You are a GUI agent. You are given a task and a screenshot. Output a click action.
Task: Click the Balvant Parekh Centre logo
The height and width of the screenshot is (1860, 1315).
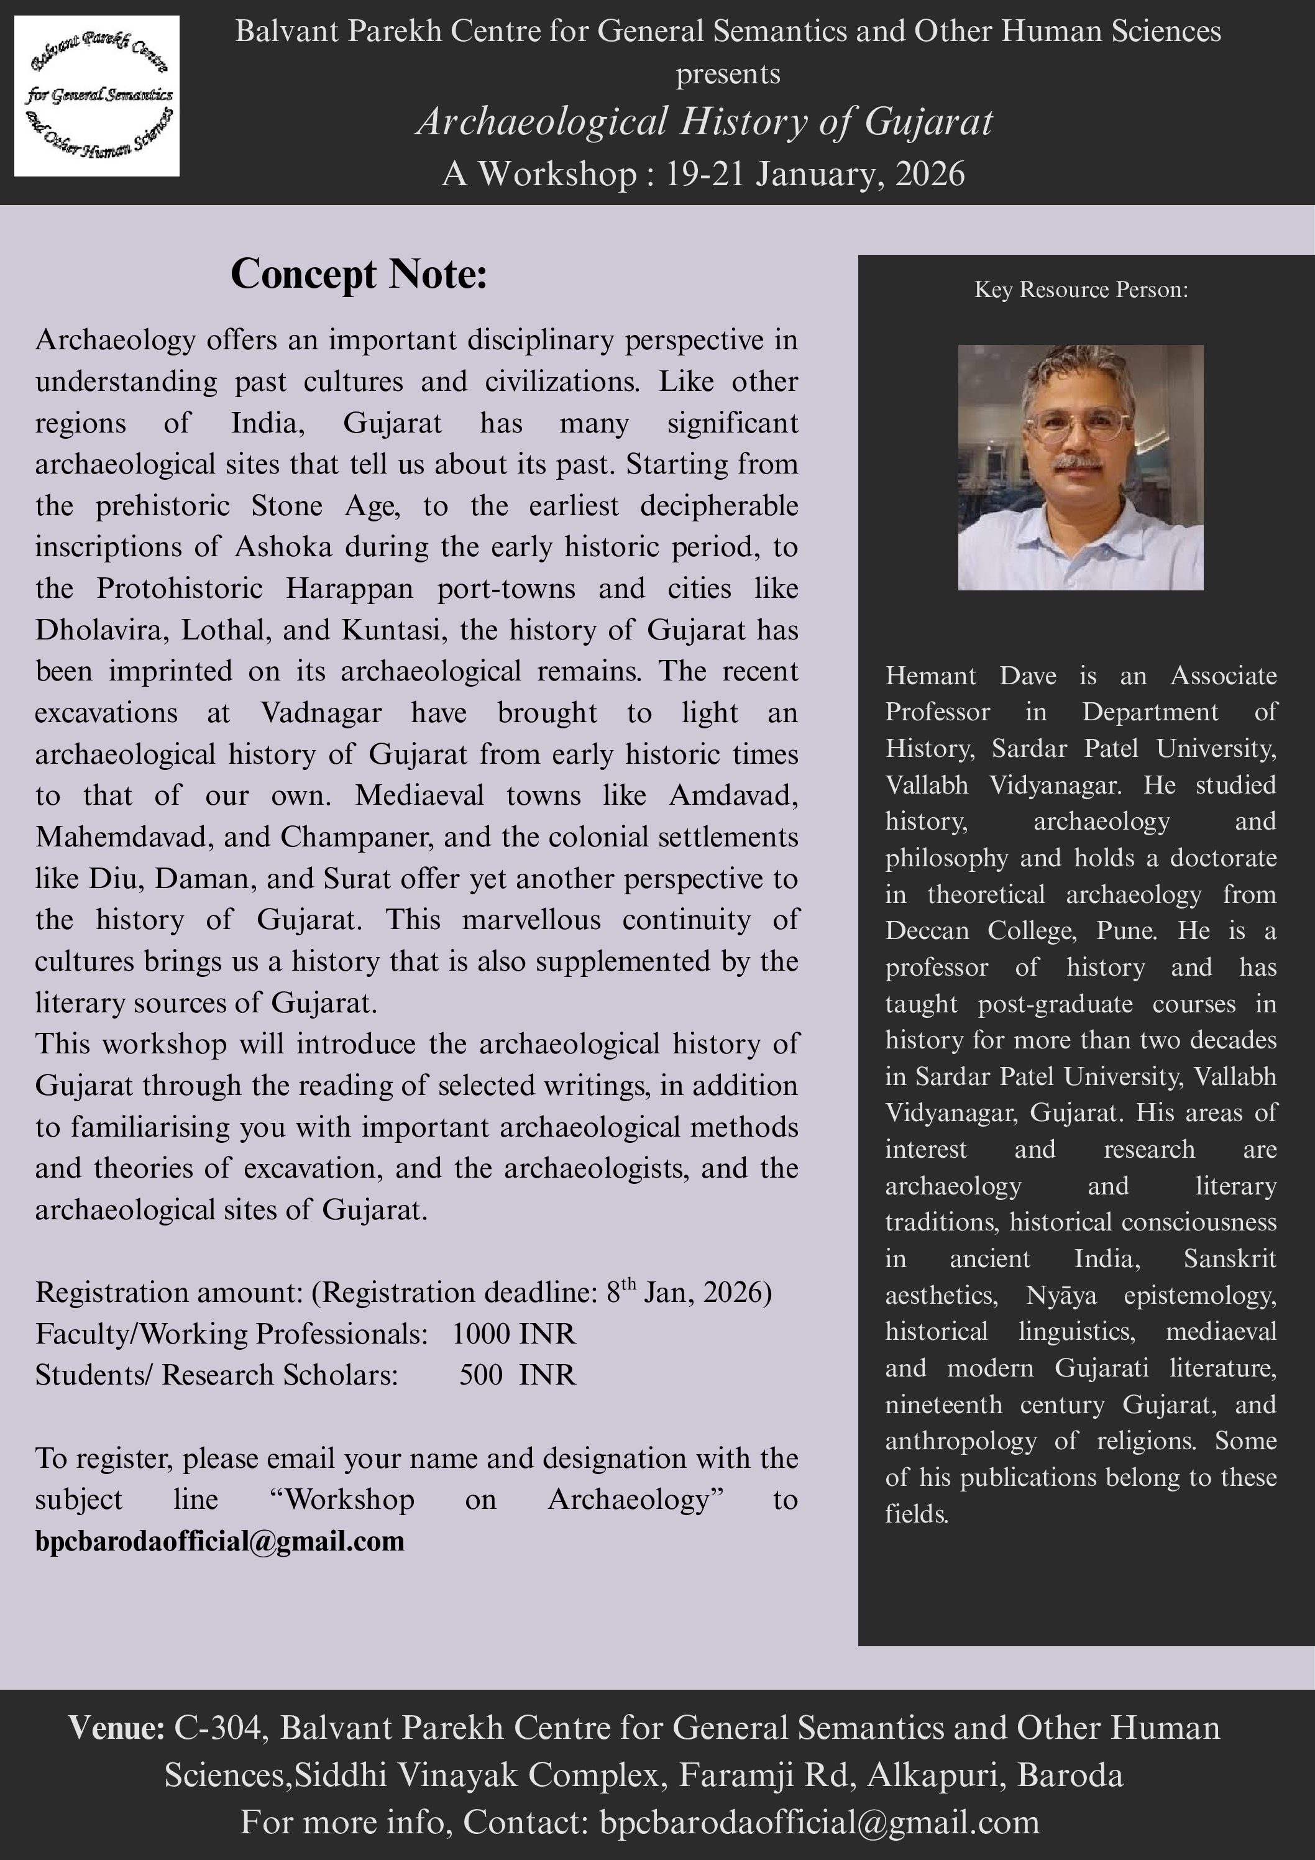pos(97,96)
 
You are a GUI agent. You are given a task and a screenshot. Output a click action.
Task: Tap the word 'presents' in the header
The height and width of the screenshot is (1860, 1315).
pos(728,75)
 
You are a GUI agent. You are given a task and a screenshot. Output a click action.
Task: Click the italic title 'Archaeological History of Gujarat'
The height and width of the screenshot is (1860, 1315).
pos(703,122)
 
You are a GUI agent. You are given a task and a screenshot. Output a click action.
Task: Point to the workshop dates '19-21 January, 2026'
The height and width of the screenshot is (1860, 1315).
pos(814,174)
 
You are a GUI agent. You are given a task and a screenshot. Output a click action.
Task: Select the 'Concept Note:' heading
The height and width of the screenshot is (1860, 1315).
pos(359,274)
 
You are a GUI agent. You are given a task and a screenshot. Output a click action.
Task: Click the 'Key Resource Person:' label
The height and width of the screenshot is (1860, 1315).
pos(1081,289)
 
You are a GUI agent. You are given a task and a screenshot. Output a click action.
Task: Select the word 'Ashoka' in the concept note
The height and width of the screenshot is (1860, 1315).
pos(283,547)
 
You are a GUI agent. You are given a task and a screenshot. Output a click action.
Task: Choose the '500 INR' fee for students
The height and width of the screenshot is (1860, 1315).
pos(517,1375)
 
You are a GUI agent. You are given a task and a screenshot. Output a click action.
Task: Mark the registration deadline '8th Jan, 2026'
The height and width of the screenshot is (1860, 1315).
pos(688,1292)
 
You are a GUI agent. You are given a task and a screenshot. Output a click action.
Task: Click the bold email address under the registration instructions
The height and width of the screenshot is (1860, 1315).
pos(219,1541)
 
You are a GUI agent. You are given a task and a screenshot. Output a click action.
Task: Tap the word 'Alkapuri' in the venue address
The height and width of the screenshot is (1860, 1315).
pos(933,1775)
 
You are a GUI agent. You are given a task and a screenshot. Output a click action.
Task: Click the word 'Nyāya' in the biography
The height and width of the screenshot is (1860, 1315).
pos(1061,1295)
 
